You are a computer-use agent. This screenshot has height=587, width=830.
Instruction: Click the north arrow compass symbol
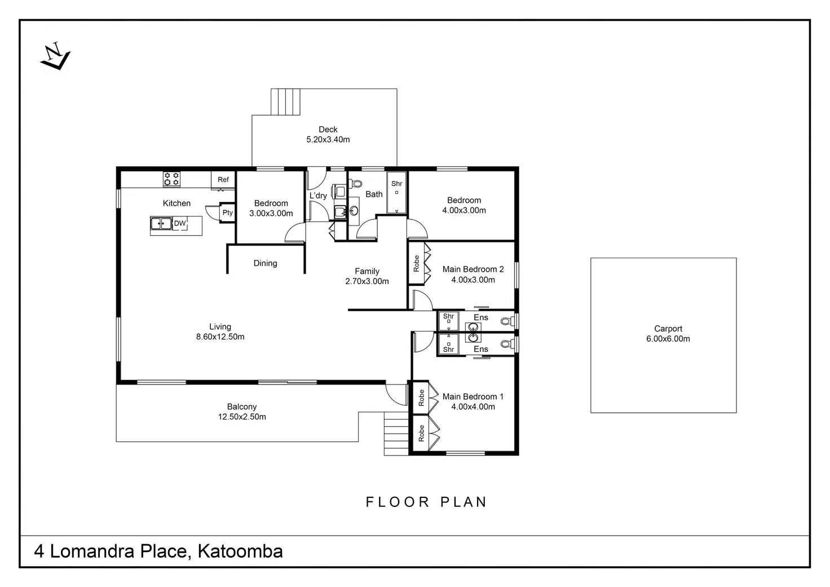55,56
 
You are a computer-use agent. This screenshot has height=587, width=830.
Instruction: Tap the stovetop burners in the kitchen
171,179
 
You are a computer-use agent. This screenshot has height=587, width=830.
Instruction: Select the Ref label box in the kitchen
223,180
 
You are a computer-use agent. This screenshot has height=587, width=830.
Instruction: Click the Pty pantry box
227,213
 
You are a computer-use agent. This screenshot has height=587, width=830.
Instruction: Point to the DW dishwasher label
179,224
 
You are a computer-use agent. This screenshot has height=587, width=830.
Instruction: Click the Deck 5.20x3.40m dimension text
328,140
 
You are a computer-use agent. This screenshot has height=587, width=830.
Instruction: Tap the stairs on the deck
286,101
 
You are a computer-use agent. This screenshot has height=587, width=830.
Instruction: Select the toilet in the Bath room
355,183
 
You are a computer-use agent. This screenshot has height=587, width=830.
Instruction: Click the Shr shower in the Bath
397,192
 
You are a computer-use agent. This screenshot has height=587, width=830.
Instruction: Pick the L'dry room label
318,196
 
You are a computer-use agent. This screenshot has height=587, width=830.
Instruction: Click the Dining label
265,263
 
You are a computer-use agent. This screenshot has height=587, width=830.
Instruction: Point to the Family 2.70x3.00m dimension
367,281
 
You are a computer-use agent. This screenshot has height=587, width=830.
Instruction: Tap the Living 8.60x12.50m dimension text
220,337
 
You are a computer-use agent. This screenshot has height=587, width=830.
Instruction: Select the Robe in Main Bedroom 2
417,263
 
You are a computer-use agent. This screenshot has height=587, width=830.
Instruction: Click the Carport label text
668,329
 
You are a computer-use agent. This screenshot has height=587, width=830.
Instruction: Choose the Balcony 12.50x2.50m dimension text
242,417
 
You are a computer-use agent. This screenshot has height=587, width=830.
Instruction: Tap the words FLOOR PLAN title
426,502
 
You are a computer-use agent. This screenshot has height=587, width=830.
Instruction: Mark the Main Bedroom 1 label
473,397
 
